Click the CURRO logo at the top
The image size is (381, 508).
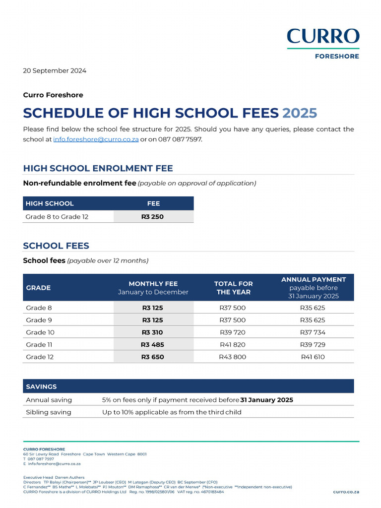click(322, 37)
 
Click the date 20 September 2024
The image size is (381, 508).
click(55, 70)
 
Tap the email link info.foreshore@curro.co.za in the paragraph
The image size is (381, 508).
click(96, 139)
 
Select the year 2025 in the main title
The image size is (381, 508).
click(300, 113)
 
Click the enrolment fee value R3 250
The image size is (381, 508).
click(153, 217)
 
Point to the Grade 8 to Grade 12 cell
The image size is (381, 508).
click(57, 217)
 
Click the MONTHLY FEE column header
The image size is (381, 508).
click(153, 284)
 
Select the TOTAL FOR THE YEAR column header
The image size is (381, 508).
click(233, 288)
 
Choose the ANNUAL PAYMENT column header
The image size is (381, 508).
click(313, 280)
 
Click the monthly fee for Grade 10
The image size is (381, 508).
click(153, 332)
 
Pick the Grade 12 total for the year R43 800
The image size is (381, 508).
click(232, 357)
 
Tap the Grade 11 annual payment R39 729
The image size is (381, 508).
click(313, 344)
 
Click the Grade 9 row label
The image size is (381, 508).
click(39, 320)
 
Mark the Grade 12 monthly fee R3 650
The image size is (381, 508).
click(153, 357)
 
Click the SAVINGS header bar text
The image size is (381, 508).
click(42, 386)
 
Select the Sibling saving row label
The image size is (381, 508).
click(49, 412)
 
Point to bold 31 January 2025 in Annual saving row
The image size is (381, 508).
click(267, 400)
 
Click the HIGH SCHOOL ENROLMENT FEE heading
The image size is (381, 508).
click(98, 168)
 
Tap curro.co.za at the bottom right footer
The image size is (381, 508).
click(346, 492)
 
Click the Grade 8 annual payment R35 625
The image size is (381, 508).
click(313, 308)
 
